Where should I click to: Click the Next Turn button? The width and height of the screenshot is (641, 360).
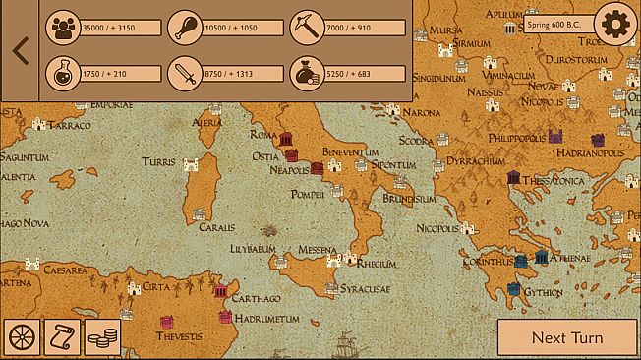tap(566, 337)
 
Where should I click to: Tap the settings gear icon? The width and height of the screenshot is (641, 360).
tap(616, 23)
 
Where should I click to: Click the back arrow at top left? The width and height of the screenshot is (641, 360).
tap(20, 50)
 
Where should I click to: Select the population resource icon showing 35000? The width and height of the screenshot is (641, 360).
tap(63, 27)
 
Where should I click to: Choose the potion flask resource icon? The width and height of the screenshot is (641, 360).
tap(63, 74)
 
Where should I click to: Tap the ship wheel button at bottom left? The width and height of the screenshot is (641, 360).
tap(23, 337)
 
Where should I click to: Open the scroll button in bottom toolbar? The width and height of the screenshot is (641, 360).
tap(63, 337)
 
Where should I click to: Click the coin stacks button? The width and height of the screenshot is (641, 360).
tap(102, 337)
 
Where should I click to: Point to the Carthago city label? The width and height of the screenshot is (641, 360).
tap(257, 298)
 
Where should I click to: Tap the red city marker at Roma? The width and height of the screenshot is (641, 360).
tap(288, 139)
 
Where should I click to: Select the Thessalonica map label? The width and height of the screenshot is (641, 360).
tap(553, 181)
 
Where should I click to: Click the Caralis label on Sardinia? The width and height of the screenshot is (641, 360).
tap(216, 226)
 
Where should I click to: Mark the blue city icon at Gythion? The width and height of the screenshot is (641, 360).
tap(512, 290)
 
